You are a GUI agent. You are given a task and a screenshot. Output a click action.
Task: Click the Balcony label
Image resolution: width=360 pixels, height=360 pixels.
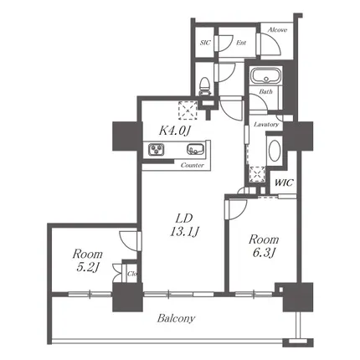tap(176, 318)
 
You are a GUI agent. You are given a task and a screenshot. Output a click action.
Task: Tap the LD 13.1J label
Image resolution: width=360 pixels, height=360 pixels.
tap(184, 225)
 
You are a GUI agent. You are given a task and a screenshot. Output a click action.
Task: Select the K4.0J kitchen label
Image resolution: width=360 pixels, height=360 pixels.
tap(175, 131)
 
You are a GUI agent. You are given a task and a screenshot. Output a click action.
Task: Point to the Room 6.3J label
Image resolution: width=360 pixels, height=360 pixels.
tap(264, 246)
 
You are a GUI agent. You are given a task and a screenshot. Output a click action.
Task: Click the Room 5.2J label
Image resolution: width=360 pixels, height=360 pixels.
tap(87, 260)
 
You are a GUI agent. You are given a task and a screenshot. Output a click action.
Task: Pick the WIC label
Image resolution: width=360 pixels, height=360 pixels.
tap(284, 183)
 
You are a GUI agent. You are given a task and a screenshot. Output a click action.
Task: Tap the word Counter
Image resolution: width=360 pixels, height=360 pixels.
tap(193, 165)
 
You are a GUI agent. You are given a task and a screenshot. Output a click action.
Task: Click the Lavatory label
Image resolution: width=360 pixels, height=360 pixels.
tap(266, 125)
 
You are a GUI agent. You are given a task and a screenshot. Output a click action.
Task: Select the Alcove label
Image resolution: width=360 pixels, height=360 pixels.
tap(277, 30)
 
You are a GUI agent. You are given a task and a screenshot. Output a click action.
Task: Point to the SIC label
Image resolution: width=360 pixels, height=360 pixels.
tap(205, 43)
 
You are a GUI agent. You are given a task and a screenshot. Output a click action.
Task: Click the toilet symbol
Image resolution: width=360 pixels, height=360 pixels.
tap(204, 86)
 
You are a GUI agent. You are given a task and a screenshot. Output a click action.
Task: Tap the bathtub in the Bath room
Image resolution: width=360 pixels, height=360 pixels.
tap(265, 75)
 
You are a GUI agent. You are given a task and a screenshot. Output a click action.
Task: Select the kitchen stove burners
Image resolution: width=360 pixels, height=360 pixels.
tap(157, 149)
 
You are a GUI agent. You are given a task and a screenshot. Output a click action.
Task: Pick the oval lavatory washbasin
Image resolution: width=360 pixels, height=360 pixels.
tap(275, 151)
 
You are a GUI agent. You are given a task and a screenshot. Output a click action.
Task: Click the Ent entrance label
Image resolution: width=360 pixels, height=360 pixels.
tap(241, 43)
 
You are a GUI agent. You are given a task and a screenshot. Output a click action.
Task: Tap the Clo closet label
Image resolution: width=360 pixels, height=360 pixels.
tap(132, 274)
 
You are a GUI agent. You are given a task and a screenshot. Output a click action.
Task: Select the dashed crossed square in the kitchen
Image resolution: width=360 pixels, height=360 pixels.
tap(188, 111)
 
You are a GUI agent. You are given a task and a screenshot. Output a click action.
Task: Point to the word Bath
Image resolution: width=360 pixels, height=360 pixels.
tap(265, 91)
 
